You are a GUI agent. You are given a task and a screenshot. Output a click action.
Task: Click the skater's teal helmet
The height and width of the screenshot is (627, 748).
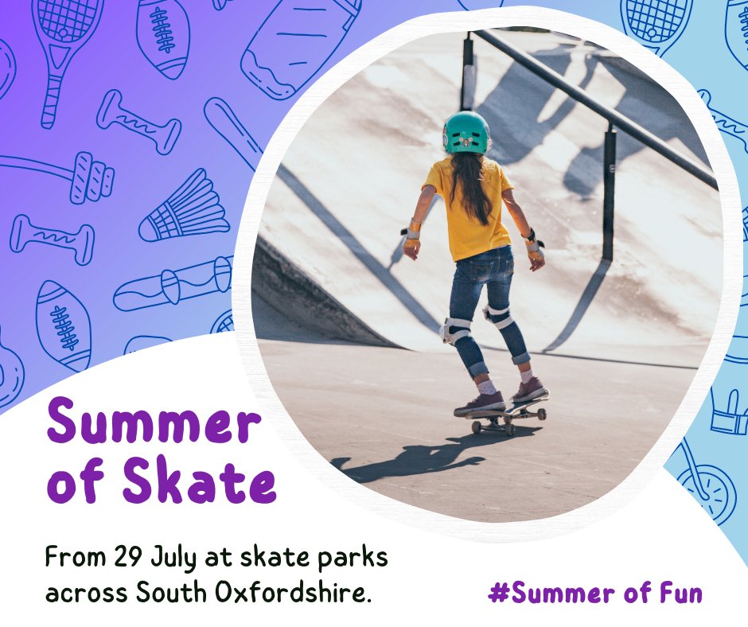[466, 133]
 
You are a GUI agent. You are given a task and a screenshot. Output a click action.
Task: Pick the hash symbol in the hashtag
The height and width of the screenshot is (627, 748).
[498, 593]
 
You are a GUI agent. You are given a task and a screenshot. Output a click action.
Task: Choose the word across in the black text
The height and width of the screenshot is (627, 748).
[87, 593]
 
